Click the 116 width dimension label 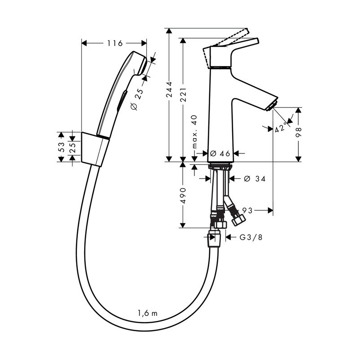pyautogui.click(x=115, y=43)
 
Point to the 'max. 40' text pyautogui.click(x=194, y=132)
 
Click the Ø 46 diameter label pyautogui.click(x=220, y=153)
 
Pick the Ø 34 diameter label pyautogui.click(x=255, y=179)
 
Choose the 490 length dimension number pyautogui.click(x=183, y=196)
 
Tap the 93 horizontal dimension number pyautogui.click(x=247, y=210)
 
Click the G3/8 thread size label pyautogui.click(x=251, y=237)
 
